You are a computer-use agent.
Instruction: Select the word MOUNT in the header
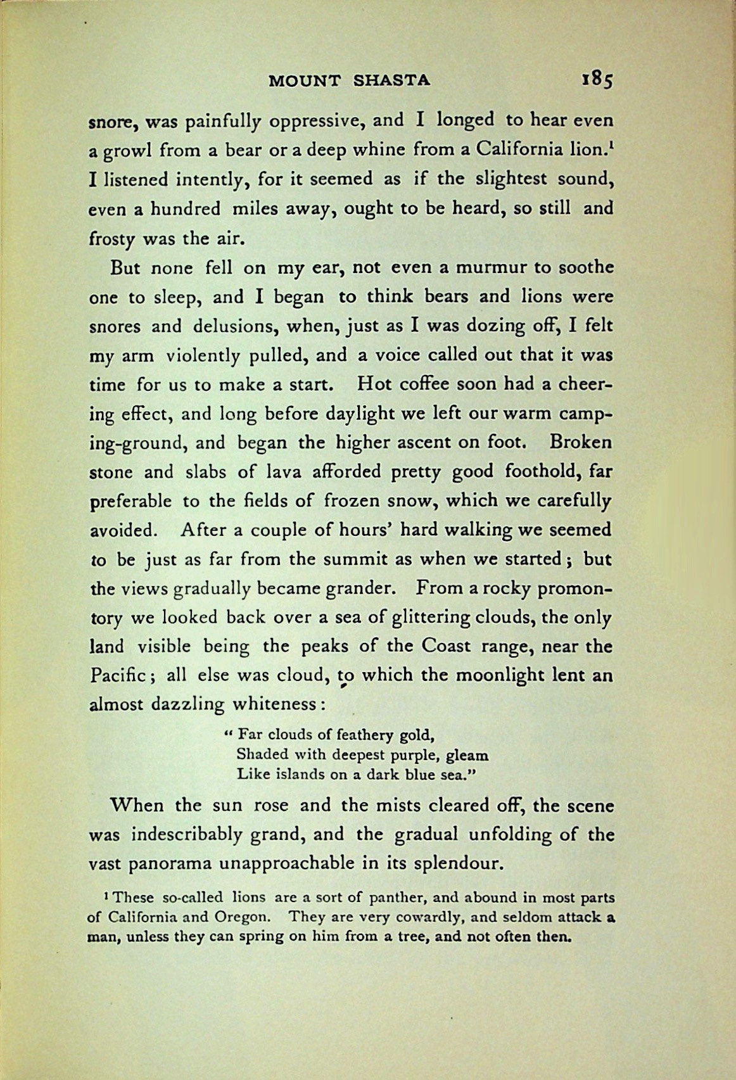(305, 80)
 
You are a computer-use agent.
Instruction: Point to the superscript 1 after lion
(611, 144)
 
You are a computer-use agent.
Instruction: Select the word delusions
(234, 326)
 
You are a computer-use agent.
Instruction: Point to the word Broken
(581, 442)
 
